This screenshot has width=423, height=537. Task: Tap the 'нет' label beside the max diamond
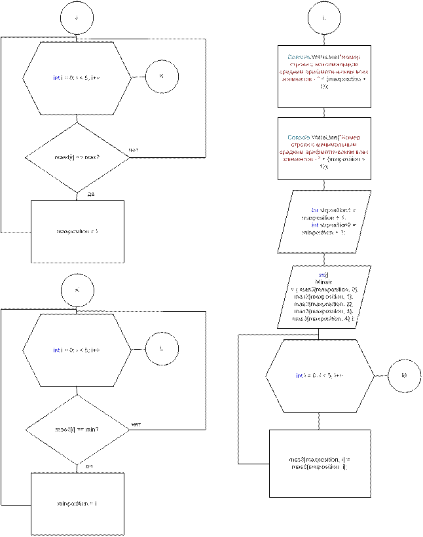click(135, 150)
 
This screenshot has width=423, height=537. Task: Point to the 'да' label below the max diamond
click(91, 194)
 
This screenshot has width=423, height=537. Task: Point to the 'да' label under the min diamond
click(90, 466)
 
